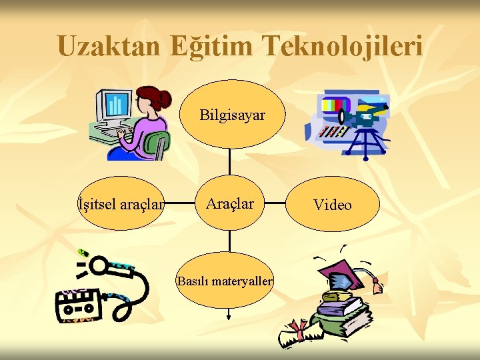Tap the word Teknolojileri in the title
343,46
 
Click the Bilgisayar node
232,115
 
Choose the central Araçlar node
230,203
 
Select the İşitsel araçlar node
120,204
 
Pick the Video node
332,205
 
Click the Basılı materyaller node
225,281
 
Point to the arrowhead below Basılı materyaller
229,317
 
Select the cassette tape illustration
79,305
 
